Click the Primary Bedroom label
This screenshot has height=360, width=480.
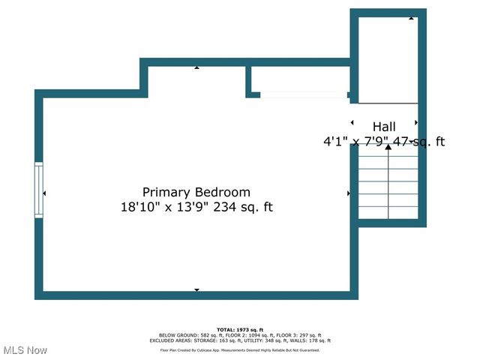click(196, 192)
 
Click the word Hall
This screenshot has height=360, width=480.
click(385, 126)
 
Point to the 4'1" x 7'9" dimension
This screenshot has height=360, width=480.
click(355, 141)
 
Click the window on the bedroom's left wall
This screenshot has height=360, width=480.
click(38, 190)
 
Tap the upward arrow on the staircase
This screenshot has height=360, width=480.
click(388, 148)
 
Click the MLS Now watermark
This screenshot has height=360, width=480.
click(25, 350)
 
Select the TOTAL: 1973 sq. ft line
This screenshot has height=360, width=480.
click(240, 329)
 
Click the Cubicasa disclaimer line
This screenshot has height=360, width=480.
click(240, 349)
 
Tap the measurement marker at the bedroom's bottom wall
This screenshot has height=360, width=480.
click(196, 289)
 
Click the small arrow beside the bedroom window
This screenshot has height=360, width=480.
click(45, 193)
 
